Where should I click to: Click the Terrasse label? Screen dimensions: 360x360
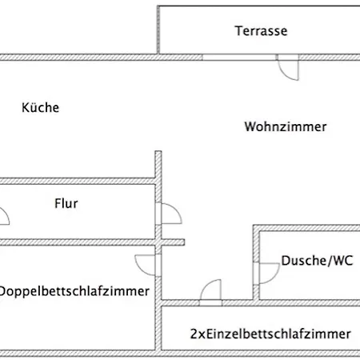(x=261, y=31)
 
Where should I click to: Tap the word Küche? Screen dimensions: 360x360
(x=41, y=107)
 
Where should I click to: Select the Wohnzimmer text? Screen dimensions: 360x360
(x=286, y=126)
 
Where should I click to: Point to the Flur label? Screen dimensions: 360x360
(x=66, y=203)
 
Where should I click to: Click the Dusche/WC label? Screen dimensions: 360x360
(x=317, y=261)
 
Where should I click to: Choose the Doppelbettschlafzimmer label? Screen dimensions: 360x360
(x=74, y=291)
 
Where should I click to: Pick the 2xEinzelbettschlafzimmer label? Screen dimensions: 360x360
(x=270, y=334)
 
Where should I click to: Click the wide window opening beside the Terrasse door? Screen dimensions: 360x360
(x=239, y=58)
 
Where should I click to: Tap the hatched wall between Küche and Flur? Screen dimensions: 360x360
(x=78, y=182)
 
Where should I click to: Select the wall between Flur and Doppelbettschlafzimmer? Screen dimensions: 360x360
(x=92, y=242)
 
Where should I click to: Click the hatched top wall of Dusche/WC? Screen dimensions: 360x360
(x=306, y=228)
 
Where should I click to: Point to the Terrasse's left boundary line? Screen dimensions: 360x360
(x=158, y=30)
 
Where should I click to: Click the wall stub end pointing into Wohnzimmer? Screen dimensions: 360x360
(x=183, y=242)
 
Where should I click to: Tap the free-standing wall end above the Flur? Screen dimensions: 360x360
(x=158, y=152)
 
